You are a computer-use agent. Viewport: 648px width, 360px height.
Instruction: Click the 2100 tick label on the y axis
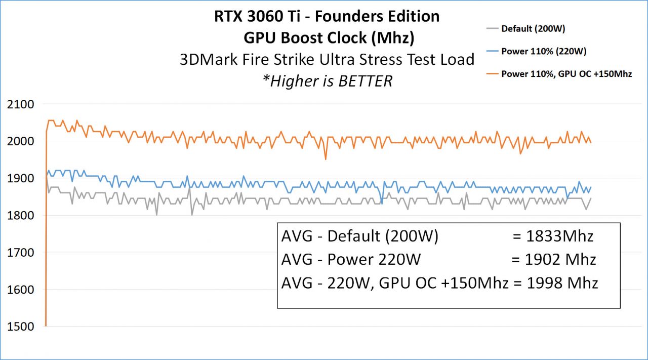(20, 104)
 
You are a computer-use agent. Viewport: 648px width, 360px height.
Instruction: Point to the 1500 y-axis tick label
(20, 327)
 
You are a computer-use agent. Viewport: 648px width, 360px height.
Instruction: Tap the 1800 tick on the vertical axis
(20, 216)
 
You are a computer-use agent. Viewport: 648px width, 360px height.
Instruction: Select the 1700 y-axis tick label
(20, 253)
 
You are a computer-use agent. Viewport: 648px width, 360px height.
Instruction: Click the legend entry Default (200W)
(533, 28)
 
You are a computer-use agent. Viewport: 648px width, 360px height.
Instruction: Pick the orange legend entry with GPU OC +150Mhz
(566, 74)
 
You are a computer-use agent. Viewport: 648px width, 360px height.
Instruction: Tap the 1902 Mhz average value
(553, 259)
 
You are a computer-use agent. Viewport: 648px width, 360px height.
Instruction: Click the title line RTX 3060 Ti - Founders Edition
(327, 16)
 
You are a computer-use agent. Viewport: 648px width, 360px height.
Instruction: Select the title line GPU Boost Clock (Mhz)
(327, 37)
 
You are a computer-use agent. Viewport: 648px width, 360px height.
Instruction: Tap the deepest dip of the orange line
(326, 159)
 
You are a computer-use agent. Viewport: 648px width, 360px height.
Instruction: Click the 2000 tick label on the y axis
(20, 141)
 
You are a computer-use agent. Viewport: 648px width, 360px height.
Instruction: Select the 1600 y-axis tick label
(20, 290)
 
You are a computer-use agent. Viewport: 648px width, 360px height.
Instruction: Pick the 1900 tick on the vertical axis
(20, 178)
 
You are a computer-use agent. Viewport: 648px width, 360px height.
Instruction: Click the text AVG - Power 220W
(350, 259)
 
